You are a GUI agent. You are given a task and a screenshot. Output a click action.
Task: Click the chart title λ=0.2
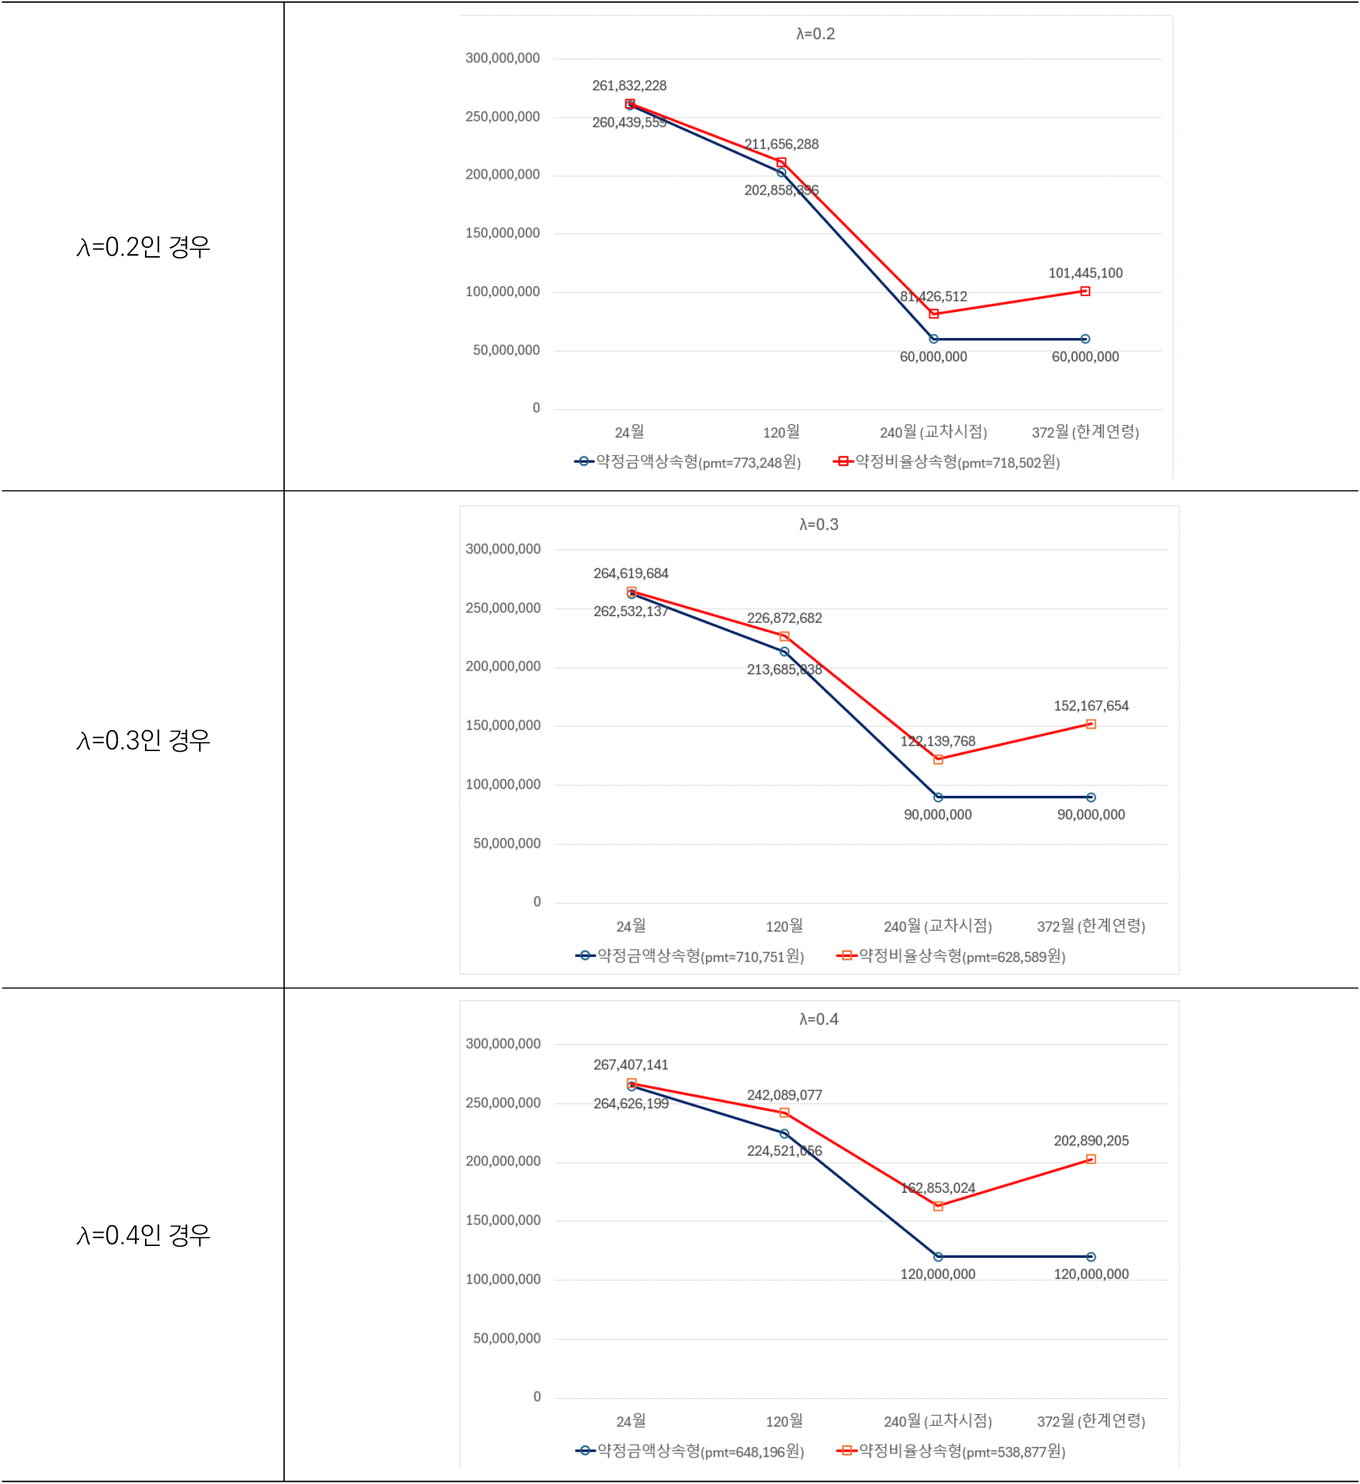[815, 34]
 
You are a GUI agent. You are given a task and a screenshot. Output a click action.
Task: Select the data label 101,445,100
[1085, 273]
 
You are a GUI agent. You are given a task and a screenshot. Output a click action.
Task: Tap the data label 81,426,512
[933, 297]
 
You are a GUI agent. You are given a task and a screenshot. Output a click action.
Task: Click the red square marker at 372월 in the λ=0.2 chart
[1085, 291]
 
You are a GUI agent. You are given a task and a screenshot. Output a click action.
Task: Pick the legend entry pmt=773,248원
[687, 462]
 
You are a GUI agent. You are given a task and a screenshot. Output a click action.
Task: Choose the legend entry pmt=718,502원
[946, 462]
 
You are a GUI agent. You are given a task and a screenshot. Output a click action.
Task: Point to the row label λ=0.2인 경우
[143, 246]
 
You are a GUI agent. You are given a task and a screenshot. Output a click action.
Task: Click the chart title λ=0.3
[818, 525]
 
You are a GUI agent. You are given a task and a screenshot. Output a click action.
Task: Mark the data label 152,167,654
[1090, 706]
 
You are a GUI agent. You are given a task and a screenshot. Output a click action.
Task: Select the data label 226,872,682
[784, 618]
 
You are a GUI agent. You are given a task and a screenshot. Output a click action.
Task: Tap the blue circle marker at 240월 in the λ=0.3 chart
[937, 797]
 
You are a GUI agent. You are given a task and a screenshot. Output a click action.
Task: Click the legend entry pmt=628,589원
[950, 956]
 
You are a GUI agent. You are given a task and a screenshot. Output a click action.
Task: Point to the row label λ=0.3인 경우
[143, 740]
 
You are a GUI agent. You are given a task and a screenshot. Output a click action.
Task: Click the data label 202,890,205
[1090, 1141]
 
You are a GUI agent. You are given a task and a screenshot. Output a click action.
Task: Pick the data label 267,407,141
[630, 1065]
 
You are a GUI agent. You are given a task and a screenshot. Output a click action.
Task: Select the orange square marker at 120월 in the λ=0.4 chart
[784, 1113]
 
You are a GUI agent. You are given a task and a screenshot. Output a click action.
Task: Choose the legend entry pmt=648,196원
[689, 1451]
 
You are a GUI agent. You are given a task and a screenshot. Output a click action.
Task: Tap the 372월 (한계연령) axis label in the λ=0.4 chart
[1090, 1421]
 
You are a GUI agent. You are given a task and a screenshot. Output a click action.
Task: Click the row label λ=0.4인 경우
[143, 1235]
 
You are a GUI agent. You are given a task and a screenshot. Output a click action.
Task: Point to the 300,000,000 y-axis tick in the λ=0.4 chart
[503, 1044]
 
